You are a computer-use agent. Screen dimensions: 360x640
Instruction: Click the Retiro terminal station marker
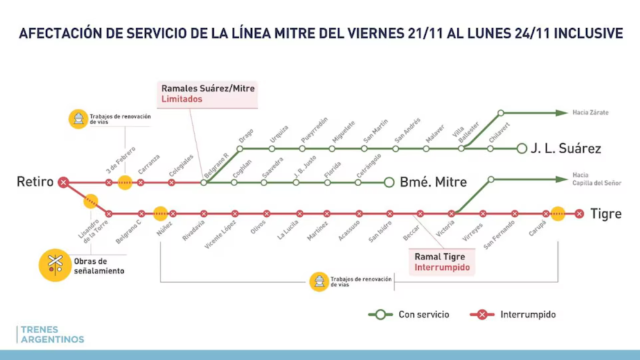(x=63, y=182)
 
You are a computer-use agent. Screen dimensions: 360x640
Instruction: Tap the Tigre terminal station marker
(x=579, y=214)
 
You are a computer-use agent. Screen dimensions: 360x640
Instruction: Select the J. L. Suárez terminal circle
(x=522, y=149)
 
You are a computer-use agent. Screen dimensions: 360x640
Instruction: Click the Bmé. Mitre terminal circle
(x=389, y=182)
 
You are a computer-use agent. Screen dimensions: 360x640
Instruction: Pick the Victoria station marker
(x=451, y=214)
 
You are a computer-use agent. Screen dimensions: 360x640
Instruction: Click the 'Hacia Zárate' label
(x=590, y=112)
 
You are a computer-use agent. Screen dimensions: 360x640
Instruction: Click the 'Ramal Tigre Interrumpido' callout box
(x=441, y=262)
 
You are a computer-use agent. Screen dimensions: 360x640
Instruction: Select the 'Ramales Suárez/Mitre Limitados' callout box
(x=208, y=94)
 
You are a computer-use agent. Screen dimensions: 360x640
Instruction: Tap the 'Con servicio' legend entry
(x=409, y=314)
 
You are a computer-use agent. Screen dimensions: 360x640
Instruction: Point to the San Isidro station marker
(x=389, y=214)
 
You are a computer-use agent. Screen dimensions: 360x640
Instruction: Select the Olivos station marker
(x=266, y=214)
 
